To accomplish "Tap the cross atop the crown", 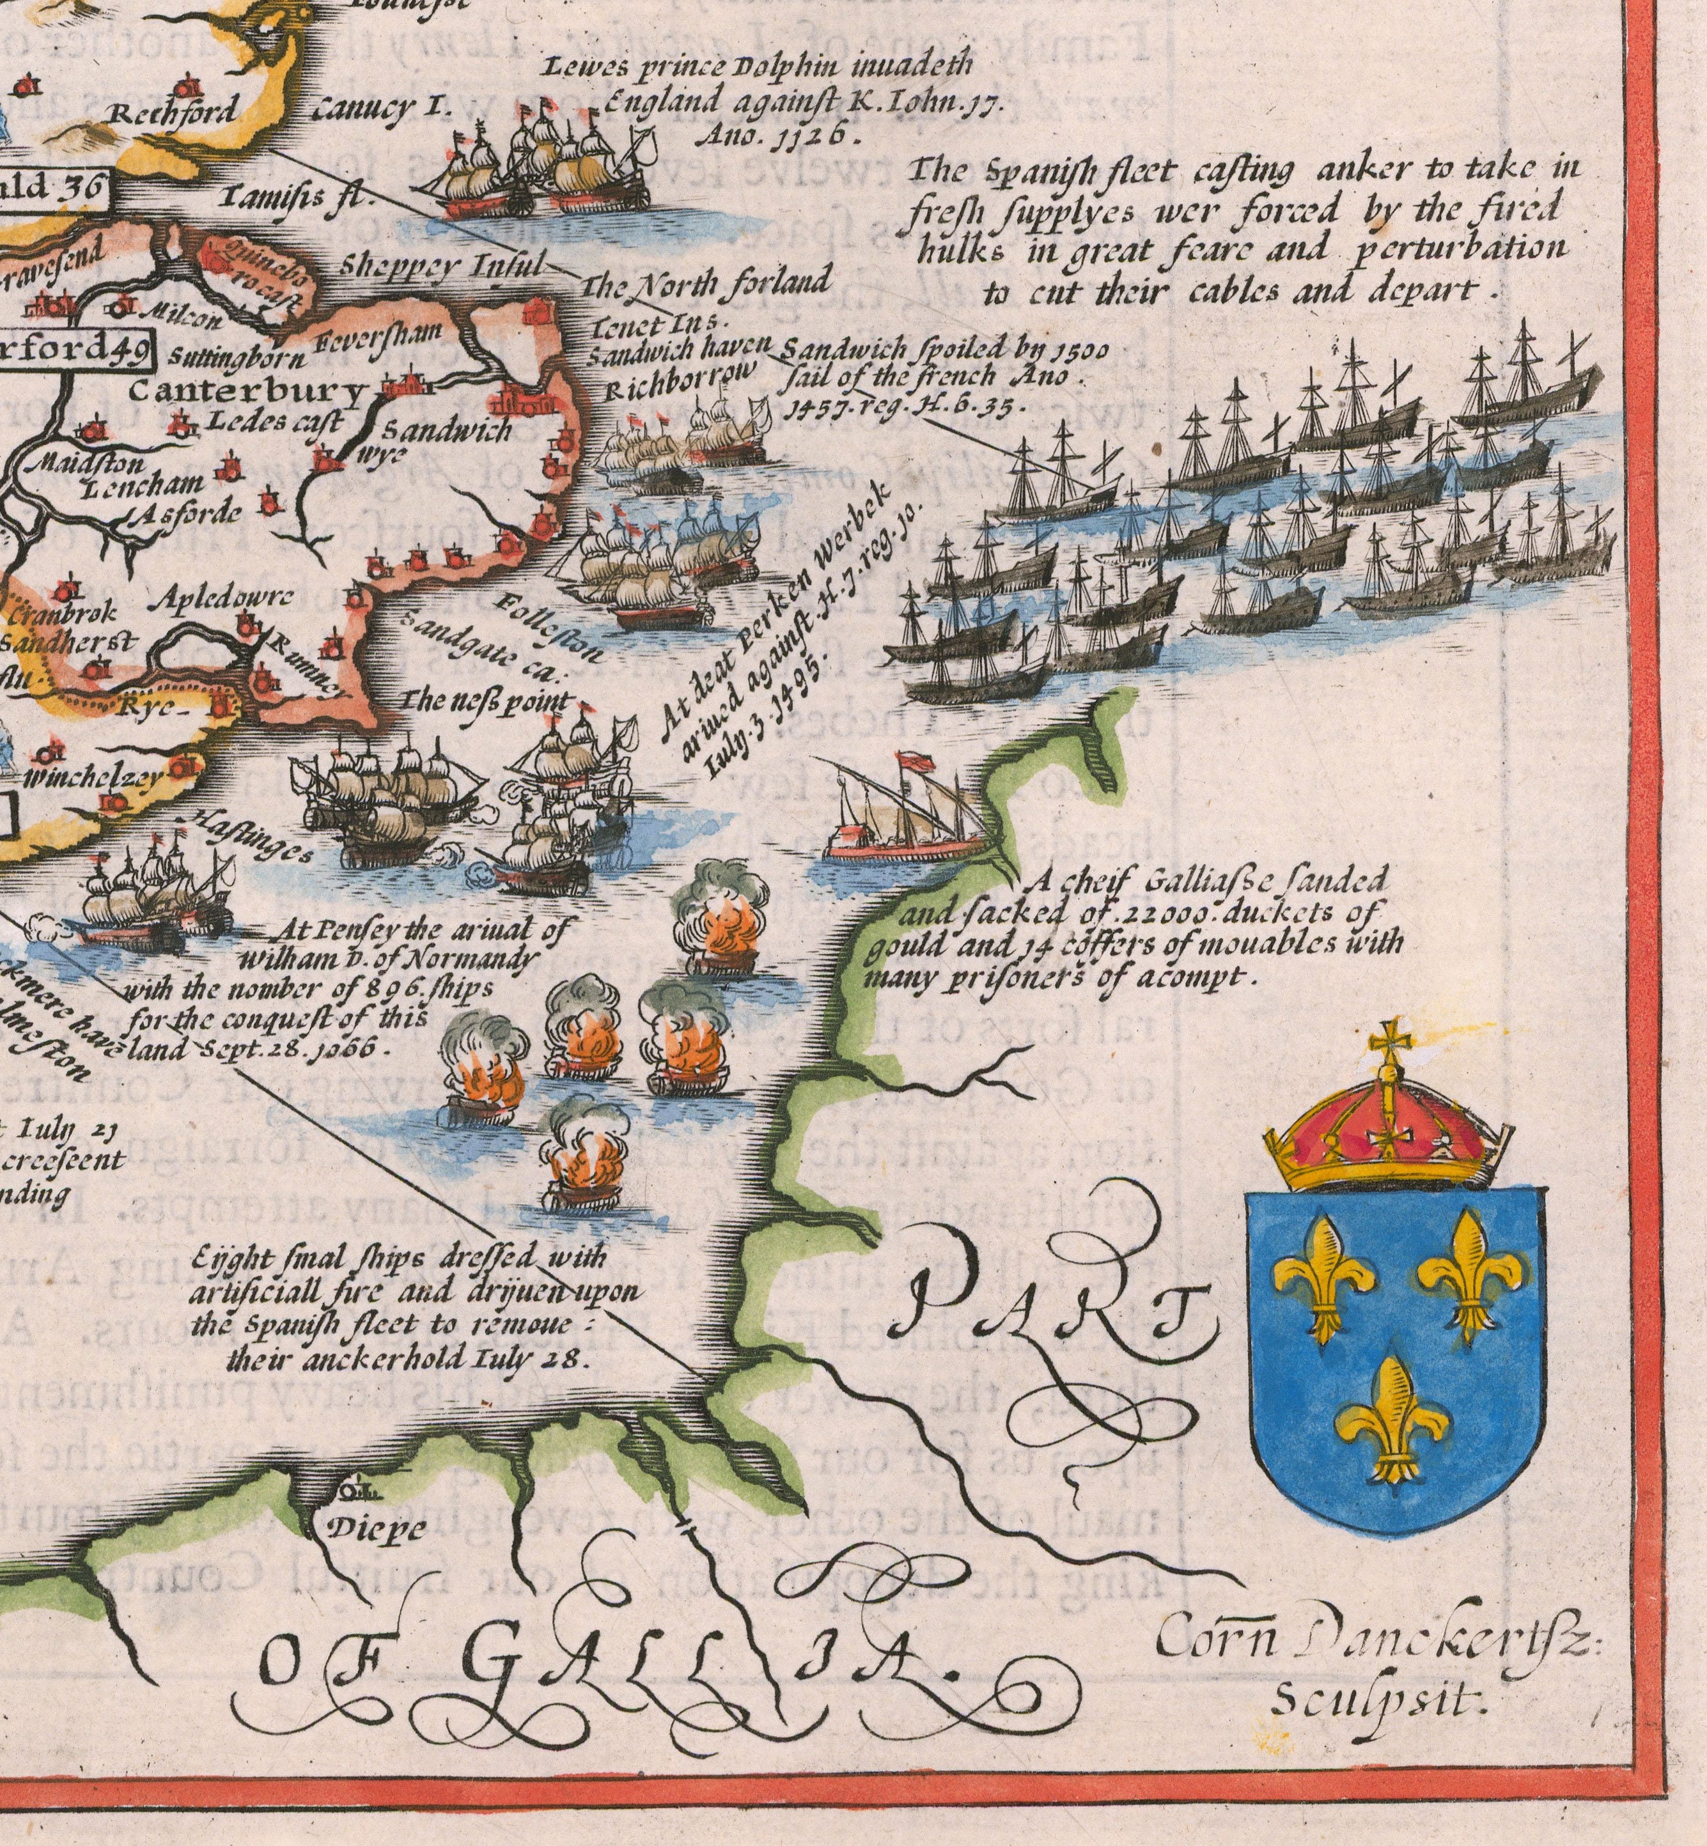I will [1385, 1044].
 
